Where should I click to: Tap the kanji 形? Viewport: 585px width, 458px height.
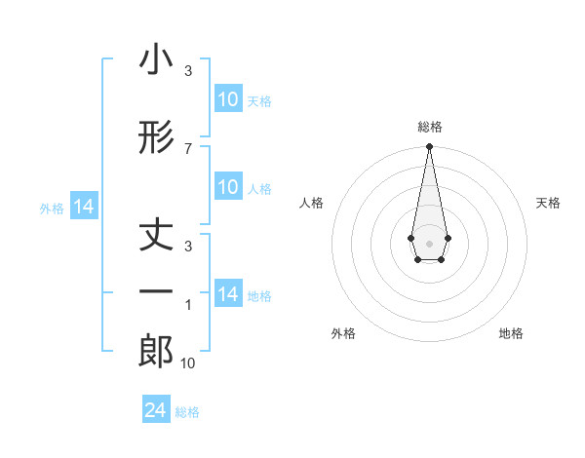tap(156, 138)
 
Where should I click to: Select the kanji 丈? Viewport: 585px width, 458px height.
tap(156, 236)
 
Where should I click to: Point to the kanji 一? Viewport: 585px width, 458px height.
tap(156, 292)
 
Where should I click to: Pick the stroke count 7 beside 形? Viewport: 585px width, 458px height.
tap(188, 148)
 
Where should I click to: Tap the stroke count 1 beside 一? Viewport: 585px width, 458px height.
tap(188, 305)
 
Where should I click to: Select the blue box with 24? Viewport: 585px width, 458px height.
tap(156, 411)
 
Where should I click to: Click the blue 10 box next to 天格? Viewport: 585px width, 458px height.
tap(227, 99)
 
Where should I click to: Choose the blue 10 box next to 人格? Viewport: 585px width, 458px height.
tap(227, 188)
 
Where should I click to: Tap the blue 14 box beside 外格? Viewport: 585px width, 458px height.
tap(84, 207)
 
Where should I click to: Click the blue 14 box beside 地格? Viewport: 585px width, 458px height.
tap(227, 294)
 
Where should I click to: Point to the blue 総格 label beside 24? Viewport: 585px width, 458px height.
tap(187, 412)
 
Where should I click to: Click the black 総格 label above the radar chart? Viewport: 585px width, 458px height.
tap(430, 127)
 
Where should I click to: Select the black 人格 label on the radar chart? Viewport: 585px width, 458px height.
tap(311, 203)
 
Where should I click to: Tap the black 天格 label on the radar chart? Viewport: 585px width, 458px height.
tap(548, 203)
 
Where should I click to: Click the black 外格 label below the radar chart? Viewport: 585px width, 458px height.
tap(343, 333)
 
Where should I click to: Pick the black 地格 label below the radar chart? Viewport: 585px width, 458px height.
tap(511, 333)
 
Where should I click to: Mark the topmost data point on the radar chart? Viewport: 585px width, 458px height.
tap(429, 147)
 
